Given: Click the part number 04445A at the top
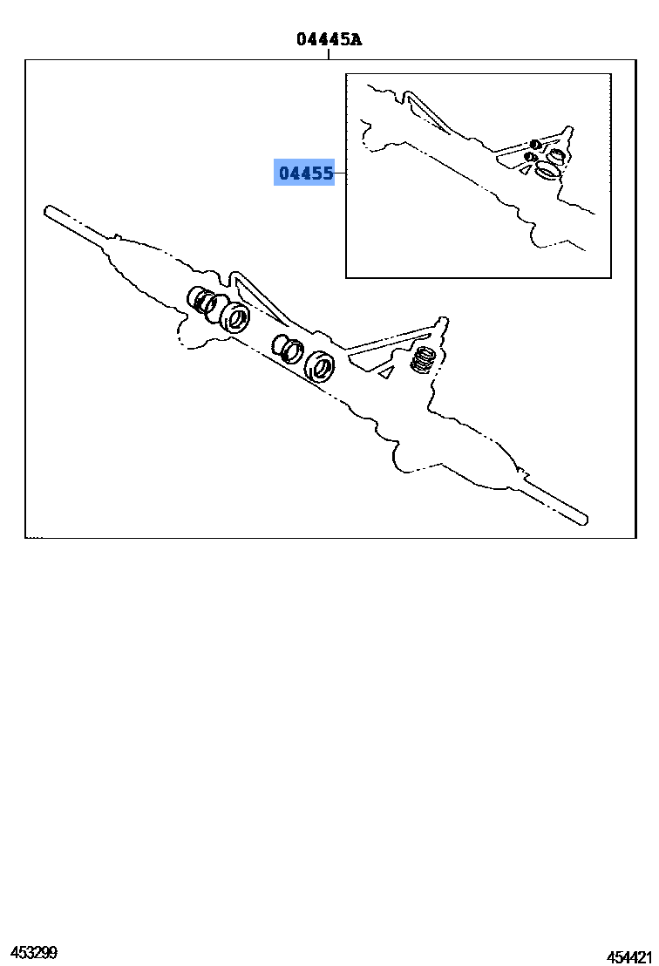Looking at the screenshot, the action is point(329,39).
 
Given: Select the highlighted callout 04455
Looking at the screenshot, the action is point(306,173).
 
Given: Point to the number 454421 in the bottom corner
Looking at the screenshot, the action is point(628,956).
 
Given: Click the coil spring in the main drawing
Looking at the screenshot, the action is point(424,360).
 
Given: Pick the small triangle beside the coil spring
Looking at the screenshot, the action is point(386,371).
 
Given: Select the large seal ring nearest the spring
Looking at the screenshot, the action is point(320,366).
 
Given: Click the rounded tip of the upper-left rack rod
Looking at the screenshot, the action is point(47,211).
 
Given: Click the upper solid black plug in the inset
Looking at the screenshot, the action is point(535,144).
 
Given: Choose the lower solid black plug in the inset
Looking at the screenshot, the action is point(529,157).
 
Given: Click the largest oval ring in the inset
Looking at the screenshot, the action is point(547,169).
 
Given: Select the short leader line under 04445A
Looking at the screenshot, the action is point(329,54).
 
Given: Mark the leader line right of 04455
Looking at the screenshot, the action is point(340,173).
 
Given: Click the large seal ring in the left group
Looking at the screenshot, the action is point(234,317).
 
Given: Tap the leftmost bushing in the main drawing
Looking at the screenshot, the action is point(199,300).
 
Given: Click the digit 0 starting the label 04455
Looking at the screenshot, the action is point(284,173).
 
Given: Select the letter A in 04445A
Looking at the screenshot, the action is point(356,39).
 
